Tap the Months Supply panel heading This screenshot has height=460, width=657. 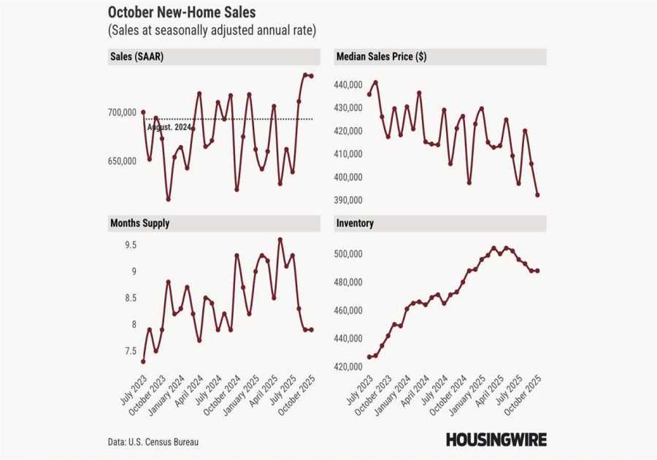[139, 223]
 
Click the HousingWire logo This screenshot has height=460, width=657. [496, 440]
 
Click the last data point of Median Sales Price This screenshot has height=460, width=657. [537, 195]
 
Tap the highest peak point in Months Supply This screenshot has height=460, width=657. [280, 239]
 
